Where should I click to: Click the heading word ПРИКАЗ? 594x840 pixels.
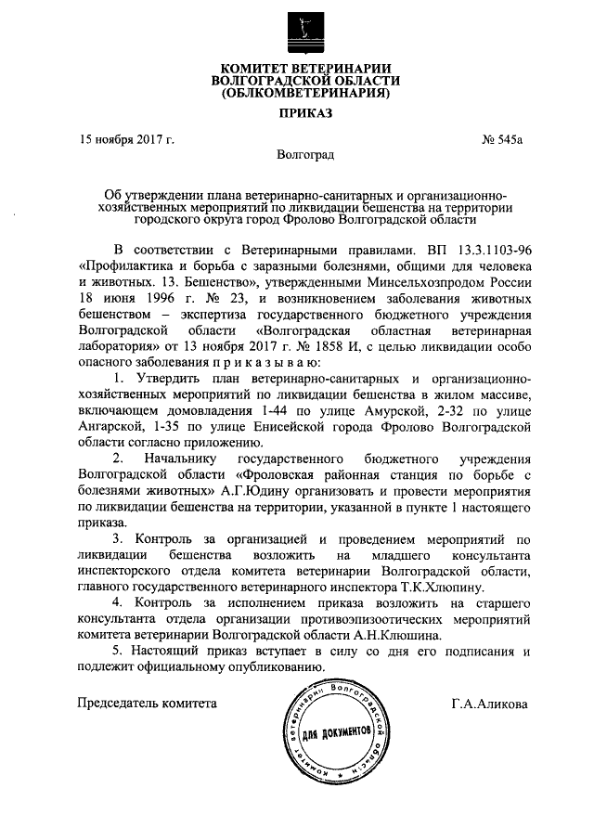304,114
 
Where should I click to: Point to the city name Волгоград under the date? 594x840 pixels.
305,157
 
